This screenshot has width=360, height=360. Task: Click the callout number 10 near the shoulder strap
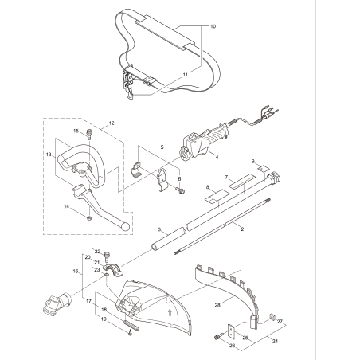click(212, 27)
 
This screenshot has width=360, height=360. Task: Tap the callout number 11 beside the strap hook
click(185, 74)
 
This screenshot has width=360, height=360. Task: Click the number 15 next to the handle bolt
click(77, 131)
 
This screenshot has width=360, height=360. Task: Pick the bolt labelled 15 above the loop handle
click(89, 133)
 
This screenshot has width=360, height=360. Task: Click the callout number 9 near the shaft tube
click(253, 162)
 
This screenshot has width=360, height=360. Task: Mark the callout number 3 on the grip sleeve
click(159, 229)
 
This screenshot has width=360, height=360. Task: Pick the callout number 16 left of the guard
click(76, 272)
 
